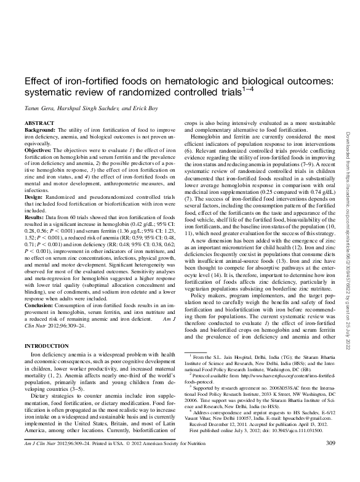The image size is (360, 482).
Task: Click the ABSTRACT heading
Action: pyautogui.click(x=37, y=123)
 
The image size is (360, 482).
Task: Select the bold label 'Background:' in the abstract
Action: pyautogui.click(x=40, y=131)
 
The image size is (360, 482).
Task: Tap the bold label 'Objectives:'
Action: pyautogui.click(x=39, y=149)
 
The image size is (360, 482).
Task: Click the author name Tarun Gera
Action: pyautogui.click(x=40, y=108)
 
